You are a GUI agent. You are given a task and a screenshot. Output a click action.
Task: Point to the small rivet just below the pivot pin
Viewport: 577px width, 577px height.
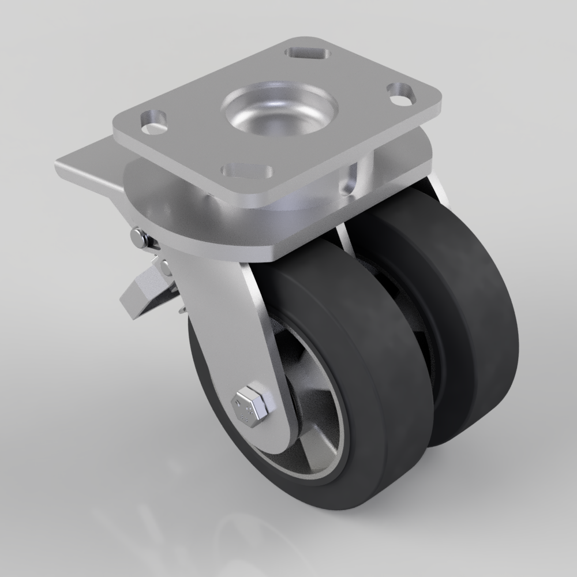[x=165, y=266]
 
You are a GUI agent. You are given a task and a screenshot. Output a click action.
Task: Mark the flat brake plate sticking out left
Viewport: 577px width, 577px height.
[x=87, y=164]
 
